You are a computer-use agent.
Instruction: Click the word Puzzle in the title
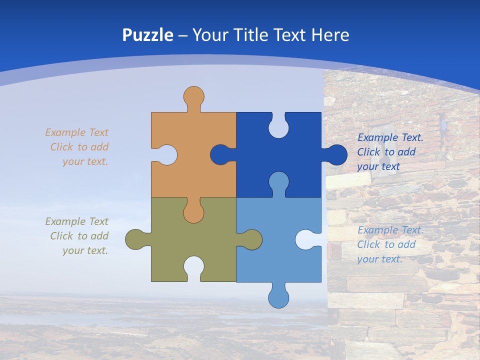pyautogui.click(x=148, y=35)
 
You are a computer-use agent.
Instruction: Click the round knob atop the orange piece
pyautogui.click(x=194, y=96)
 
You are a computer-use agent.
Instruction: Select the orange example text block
pyautogui.click(x=77, y=147)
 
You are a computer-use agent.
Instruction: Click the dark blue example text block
pyautogui.click(x=390, y=152)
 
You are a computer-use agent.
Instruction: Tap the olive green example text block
pyautogui.click(x=77, y=236)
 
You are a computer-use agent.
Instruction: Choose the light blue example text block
pyautogui.click(x=390, y=244)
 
